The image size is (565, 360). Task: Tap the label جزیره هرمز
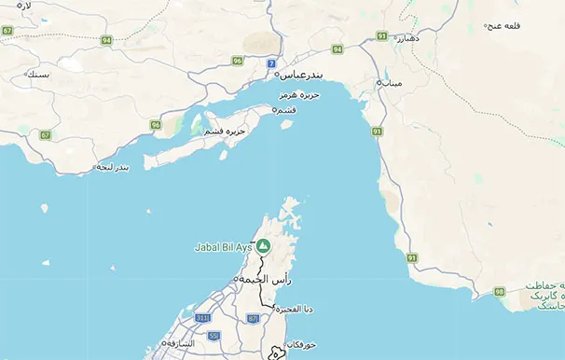point(299,95)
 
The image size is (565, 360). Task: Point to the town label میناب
point(393,83)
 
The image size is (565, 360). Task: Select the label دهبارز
point(410,38)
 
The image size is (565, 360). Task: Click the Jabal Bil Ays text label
point(223,247)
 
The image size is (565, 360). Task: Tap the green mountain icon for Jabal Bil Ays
point(264,246)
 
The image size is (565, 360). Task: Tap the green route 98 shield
point(500,292)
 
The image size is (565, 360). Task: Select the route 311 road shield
point(201,318)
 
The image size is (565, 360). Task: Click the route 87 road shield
point(253,318)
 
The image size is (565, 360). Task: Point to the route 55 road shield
point(214,335)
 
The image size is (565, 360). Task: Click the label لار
point(24,6)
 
